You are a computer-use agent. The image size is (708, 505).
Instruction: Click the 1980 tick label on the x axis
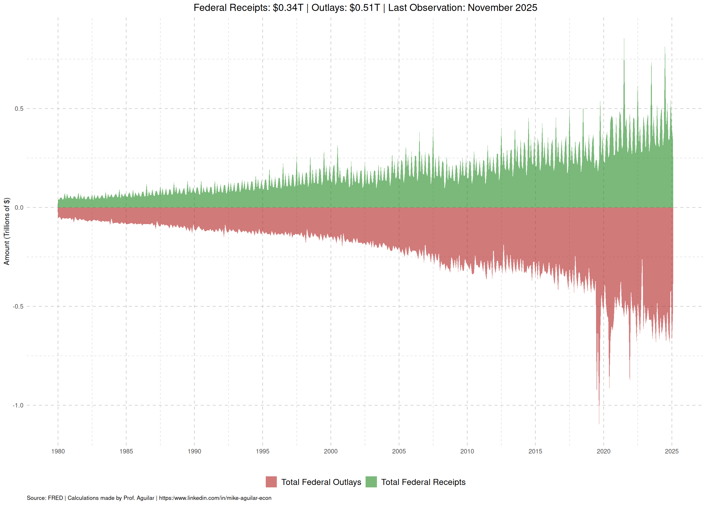tap(58, 451)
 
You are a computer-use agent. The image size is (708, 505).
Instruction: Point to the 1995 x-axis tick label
tap(262, 451)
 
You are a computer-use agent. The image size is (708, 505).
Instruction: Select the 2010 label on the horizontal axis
tap(467, 451)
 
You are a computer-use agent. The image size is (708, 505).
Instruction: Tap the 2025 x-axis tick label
tap(672, 451)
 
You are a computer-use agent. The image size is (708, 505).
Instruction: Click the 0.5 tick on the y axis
tap(19, 109)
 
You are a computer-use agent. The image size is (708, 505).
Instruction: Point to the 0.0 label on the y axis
tap(19, 208)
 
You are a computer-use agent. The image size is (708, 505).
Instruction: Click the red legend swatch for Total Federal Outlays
tap(271, 482)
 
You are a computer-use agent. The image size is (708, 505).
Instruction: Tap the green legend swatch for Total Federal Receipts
tap(371, 482)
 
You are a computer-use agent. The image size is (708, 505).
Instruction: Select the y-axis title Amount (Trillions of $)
tap(7, 231)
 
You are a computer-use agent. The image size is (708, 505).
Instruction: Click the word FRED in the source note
tap(55, 498)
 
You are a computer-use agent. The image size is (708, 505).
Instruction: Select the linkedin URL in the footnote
tap(215, 498)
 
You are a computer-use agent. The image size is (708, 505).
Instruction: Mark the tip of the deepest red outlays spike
tap(599, 423)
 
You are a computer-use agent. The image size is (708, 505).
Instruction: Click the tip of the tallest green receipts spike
tap(624, 39)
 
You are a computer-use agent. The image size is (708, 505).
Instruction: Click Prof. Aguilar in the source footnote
tap(139, 498)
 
